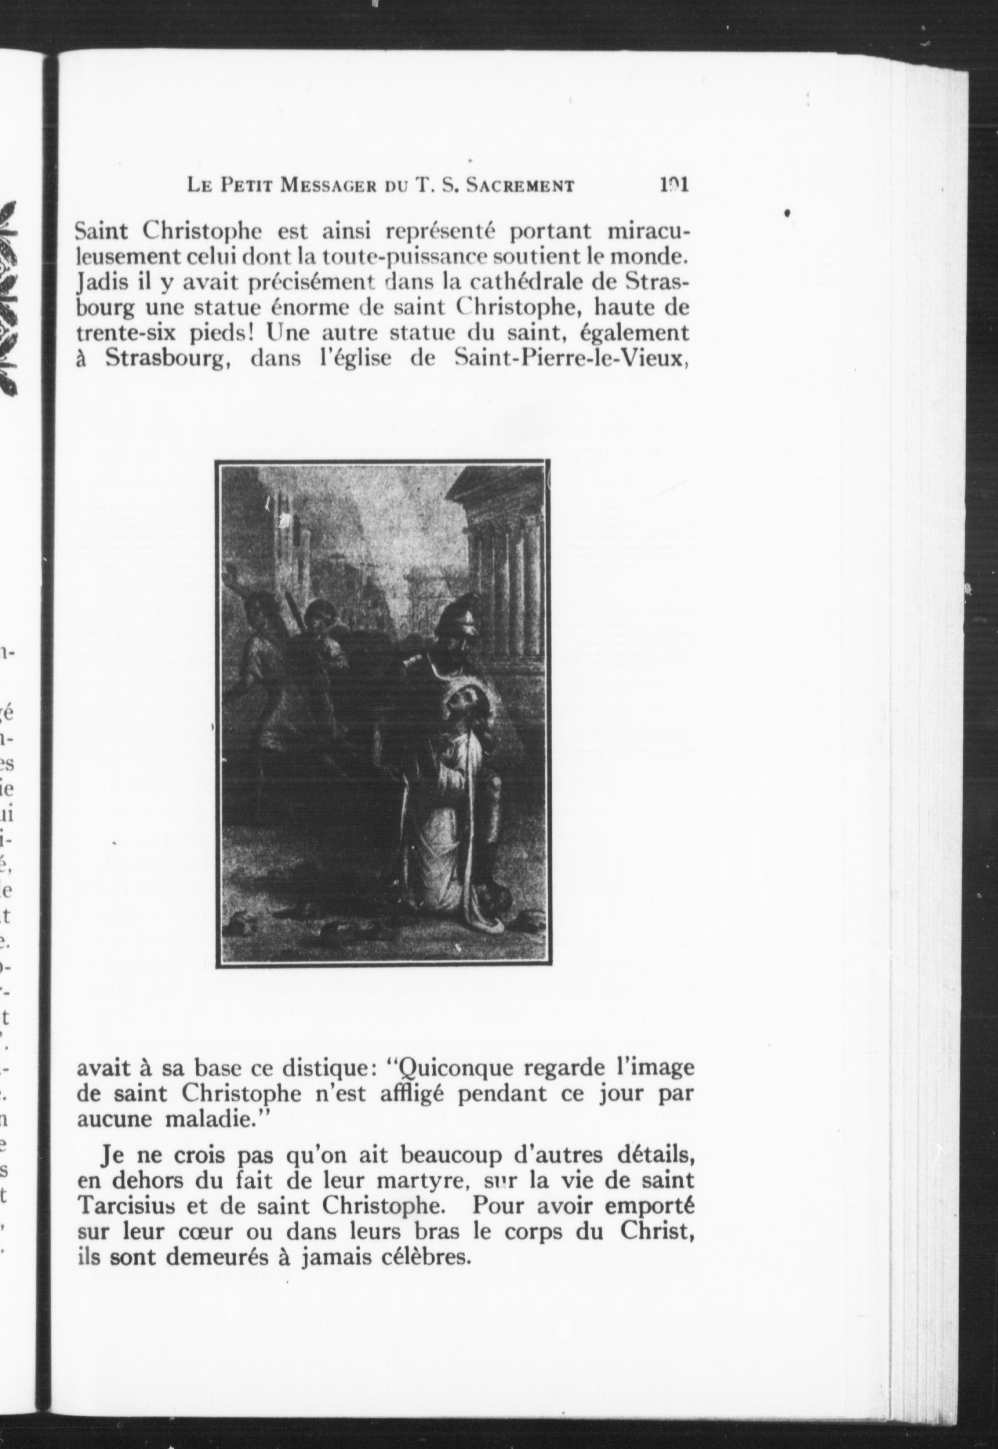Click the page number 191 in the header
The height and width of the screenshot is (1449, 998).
(x=673, y=186)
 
